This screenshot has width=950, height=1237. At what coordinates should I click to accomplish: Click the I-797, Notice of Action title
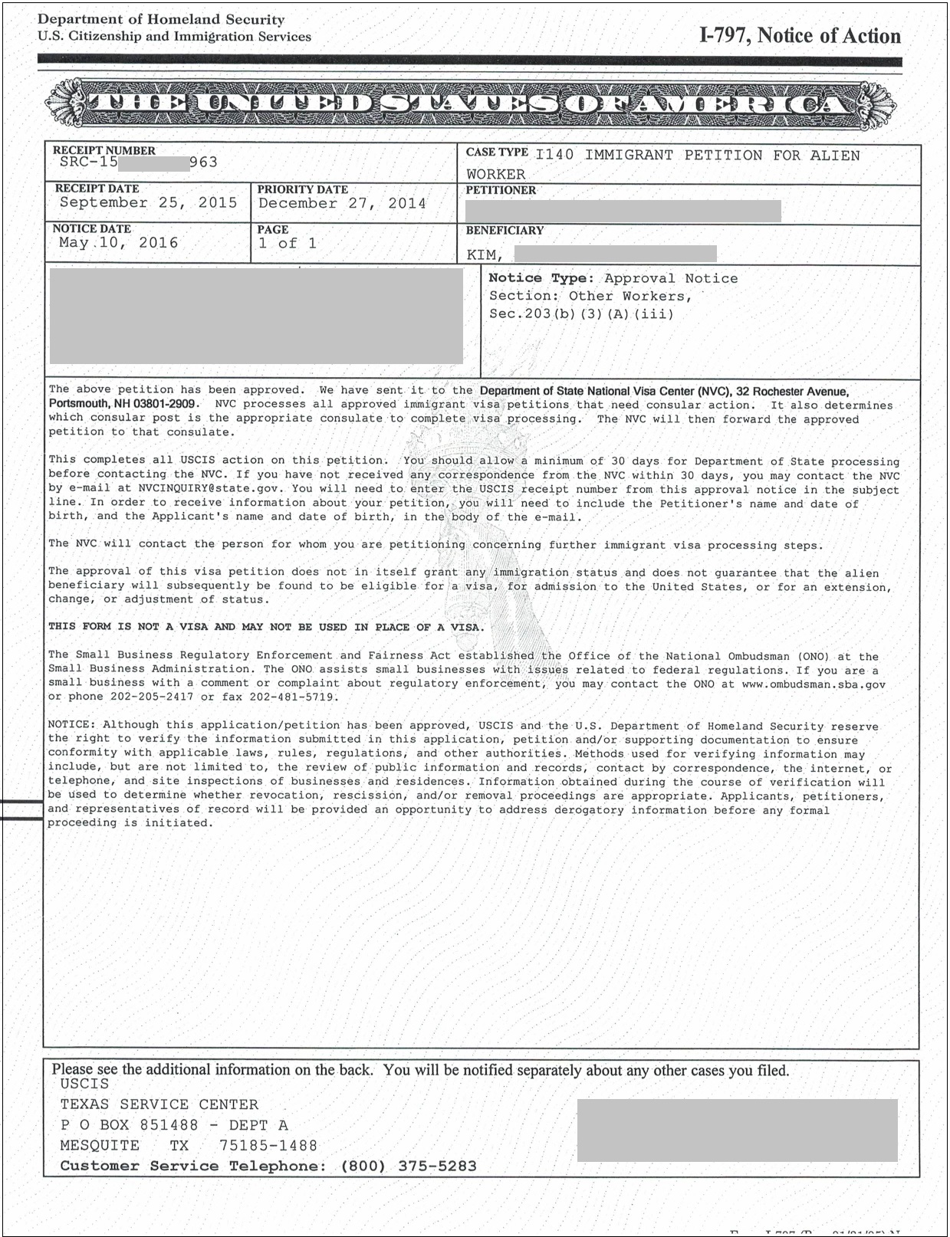click(800, 36)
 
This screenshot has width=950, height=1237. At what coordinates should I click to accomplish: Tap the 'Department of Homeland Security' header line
click(161, 20)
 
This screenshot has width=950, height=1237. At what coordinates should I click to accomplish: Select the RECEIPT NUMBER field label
click(104, 150)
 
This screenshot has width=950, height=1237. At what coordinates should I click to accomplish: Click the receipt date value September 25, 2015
click(148, 203)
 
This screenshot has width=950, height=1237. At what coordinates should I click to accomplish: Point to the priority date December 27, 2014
click(342, 204)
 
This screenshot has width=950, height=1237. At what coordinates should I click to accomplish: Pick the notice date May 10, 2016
click(118, 243)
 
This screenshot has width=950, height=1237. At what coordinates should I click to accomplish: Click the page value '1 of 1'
click(288, 244)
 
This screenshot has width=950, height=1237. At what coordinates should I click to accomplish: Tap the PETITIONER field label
click(501, 190)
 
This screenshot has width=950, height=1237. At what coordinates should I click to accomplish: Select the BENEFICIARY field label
click(505, 230)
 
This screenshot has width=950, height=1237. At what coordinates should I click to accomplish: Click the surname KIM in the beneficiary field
click(484, 255)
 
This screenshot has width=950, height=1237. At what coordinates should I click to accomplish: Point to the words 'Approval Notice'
click(670, 278)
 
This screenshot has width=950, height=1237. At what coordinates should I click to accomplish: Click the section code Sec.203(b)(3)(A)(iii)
click(581, 313)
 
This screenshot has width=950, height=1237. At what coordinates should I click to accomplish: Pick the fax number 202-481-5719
click(291, 697)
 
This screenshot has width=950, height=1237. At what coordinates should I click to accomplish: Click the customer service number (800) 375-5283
click(408, 1166)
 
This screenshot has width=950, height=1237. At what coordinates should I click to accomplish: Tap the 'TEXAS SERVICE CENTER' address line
click(159, 1104)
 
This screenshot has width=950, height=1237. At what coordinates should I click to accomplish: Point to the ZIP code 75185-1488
click(268, 1146)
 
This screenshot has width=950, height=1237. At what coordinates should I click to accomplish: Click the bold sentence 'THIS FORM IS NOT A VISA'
click(265, 627)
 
